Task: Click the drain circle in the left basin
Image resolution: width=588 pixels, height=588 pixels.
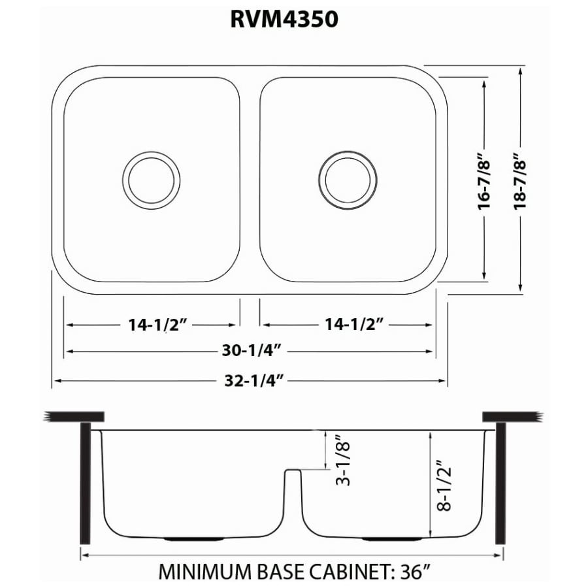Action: [151, 180]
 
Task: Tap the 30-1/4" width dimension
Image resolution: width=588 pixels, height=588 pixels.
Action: [251, 351]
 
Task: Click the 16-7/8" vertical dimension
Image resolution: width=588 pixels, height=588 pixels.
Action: [484, 179]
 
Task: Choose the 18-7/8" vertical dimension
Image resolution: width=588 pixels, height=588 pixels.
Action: [521, 179]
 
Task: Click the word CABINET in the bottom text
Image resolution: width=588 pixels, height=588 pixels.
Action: [350, 571]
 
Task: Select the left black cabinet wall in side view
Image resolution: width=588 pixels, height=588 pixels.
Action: [85, 483]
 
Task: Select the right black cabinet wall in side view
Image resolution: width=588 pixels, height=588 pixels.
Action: [501, 483]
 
